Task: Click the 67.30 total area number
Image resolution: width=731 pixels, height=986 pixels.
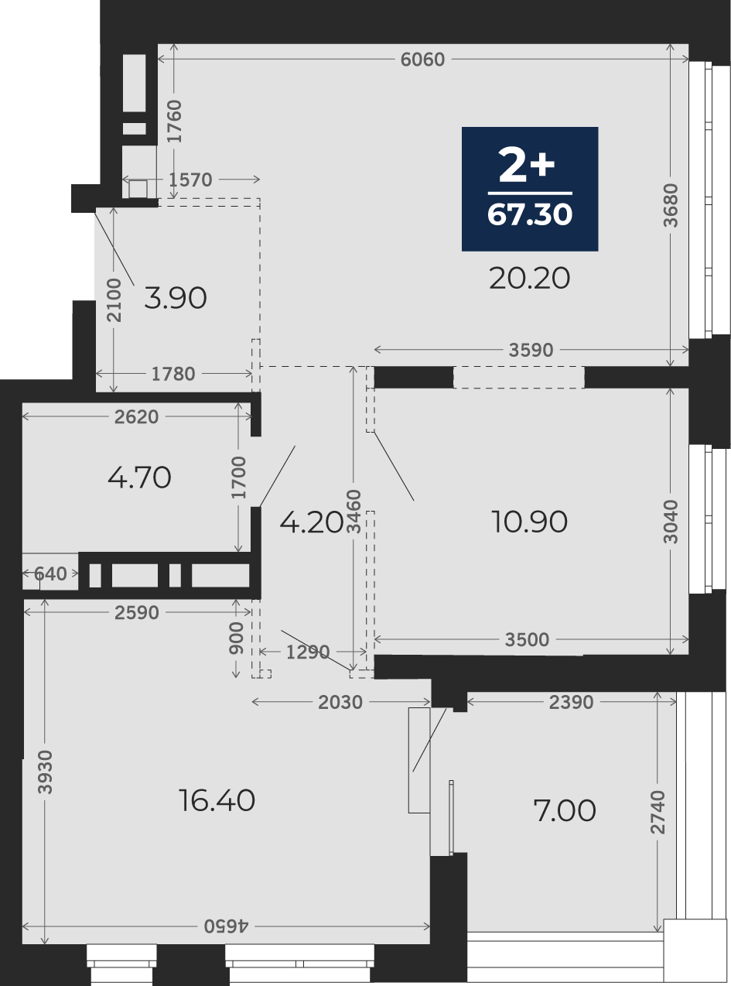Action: [x=530, y=214]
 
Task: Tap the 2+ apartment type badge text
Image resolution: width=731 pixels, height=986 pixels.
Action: [x=527, y=165]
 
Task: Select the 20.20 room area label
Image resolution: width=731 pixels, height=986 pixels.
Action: [x=529, y=279]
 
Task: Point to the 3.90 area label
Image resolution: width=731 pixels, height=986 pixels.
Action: [x=176, y=298]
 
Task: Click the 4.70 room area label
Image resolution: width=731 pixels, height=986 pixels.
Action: [x=139, y=478]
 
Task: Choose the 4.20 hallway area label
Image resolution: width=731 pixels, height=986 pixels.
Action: [x=312, y=522]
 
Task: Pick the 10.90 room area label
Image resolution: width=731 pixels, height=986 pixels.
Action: [x=529, y=522]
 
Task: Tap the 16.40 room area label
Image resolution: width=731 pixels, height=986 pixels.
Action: [x=217, y=800]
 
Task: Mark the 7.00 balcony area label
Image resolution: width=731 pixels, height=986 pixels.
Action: [x=565, y=810]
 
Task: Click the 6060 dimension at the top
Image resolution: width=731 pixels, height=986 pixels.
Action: [x=422, y=60]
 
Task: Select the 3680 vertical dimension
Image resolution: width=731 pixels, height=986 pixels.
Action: [x=671, y=205]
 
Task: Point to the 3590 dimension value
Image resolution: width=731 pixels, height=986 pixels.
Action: [x=531, y=351]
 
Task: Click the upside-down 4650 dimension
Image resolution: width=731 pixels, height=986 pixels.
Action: [x=226, y=926]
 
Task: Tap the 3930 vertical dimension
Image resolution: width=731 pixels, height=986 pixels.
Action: [x=46, y=772]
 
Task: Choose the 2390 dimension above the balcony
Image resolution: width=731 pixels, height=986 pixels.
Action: [x=571, y=703]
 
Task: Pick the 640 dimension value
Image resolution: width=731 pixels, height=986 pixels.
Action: [x=50, y=573]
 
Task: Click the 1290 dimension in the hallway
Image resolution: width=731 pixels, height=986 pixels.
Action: [x=308, y=652]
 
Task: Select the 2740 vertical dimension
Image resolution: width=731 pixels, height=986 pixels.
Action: [x=658, y=812]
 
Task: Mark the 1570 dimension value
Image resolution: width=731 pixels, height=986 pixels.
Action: [x=190, y=180]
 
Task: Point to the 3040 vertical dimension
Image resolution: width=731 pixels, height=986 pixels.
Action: [x=671, y=522]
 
